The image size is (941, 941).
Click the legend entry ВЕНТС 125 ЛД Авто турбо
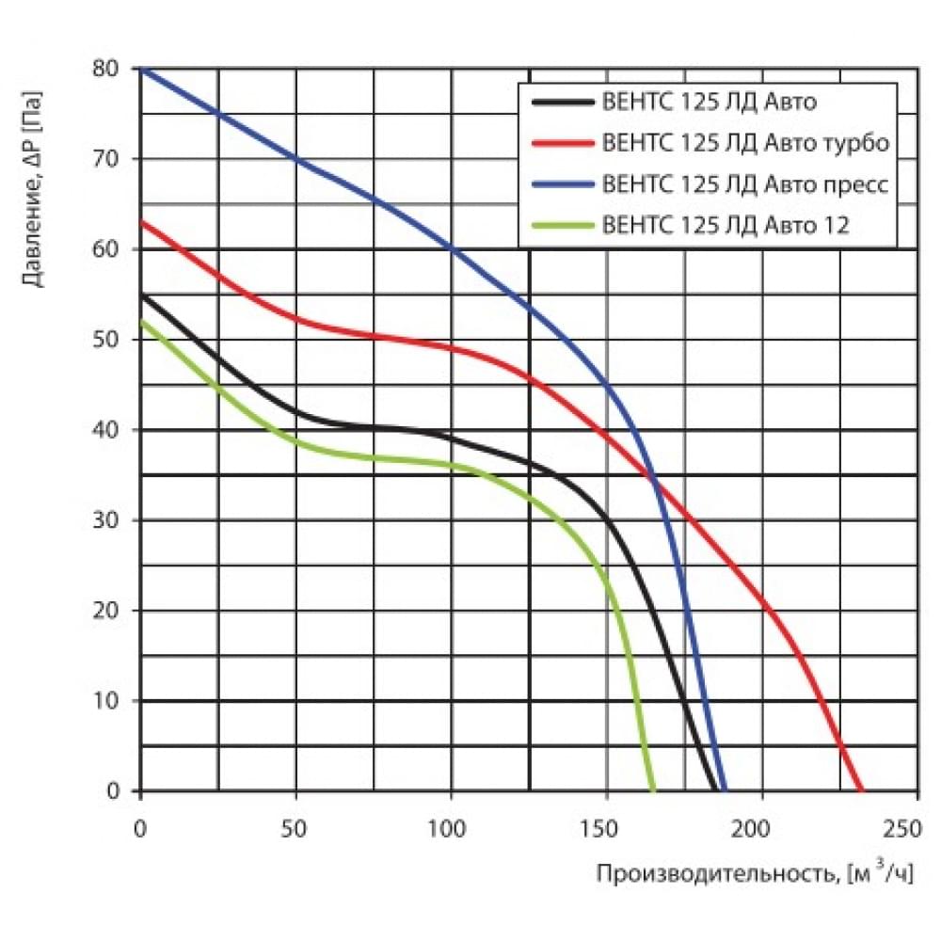click(x=743, y=143)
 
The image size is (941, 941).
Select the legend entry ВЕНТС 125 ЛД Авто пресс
click(x=742, y=184)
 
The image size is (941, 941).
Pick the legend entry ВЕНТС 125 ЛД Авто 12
click(x=725, y=226)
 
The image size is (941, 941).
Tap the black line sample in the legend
click(x=562, y=102)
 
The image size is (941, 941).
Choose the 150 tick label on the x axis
click(x=607, y=829)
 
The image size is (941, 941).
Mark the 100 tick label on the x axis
click(x=452, y=829)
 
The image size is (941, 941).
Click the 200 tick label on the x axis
click(x=761, y=829)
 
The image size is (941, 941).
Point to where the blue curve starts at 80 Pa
click(x=141, y=69)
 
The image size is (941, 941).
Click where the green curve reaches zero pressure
click(x=653, y=790)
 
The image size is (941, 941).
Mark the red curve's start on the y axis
click(x=141, y=222)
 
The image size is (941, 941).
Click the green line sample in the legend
click(x=562, y=226)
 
